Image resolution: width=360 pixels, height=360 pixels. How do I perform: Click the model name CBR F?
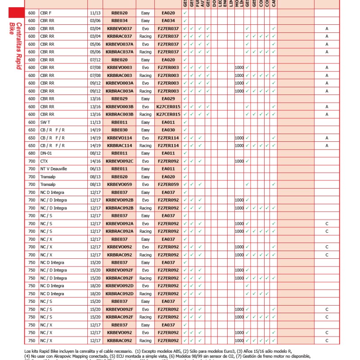pos(46,13)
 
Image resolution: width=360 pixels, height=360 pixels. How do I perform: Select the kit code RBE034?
pos(119,21)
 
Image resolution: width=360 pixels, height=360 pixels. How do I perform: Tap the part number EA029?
pos(168,99)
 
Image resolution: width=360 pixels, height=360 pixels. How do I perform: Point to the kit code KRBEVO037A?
pos(119,44)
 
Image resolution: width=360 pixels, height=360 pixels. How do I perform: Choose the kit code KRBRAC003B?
pos(119,114)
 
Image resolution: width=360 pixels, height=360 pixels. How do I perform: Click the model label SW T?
pos(45,122)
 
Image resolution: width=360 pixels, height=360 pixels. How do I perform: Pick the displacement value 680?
pos(31,153)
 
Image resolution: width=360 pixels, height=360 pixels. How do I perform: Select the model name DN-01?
pos(46,153)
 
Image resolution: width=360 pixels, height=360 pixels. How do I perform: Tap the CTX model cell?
pos(44,161)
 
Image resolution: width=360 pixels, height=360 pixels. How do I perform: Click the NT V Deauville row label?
pos(54,169)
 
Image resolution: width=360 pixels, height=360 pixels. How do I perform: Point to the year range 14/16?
pos(95,161)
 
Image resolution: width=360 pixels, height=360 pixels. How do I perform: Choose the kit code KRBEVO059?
pos(119,184)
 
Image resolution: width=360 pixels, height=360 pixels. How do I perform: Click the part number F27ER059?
pos(168,184)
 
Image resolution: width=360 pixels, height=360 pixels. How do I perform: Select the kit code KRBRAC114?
pos(119,145)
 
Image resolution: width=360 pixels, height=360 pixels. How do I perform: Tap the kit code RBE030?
pos(119,130)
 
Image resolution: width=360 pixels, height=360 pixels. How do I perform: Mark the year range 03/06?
pos(95,21)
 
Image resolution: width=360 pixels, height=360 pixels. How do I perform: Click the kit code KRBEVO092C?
pos(119,161)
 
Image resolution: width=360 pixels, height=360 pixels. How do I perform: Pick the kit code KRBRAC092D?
pos(119,294)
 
